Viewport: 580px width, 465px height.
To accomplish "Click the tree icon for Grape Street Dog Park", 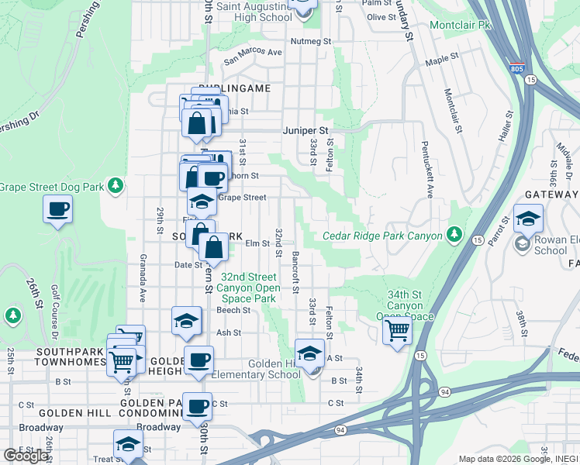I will point(115,185).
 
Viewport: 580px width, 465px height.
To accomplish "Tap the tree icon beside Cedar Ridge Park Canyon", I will point(454,234).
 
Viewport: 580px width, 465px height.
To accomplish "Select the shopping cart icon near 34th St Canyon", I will point(397,331).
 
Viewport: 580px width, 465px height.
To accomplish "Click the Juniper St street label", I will point(306,130).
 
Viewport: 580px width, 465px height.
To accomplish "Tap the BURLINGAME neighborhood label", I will point(234,88).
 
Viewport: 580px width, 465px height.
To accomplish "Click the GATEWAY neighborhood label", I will point(551,195).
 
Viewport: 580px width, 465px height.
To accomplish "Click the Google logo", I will point(26,455).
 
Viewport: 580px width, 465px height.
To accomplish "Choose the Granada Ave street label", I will point(143,276).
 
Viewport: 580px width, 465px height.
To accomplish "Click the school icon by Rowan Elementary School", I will point(528,219).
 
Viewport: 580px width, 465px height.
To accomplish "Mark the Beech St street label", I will point(233,310).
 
